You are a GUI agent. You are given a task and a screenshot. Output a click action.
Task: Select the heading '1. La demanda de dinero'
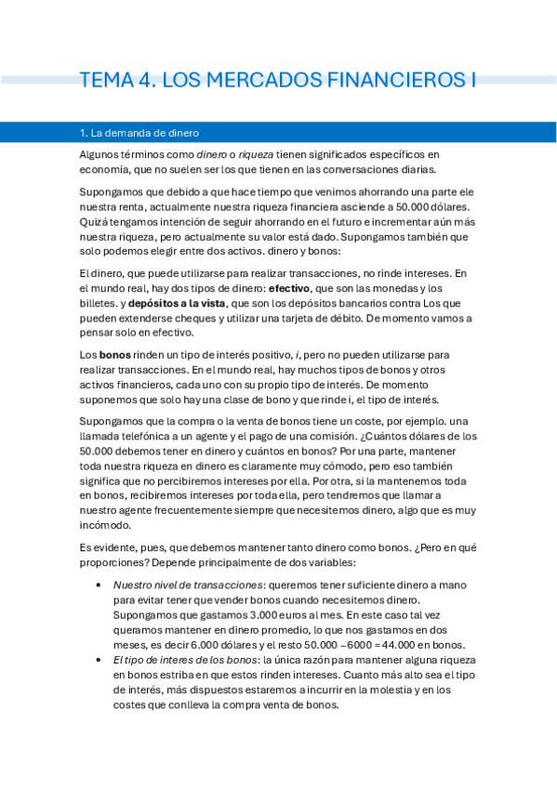[139, 133]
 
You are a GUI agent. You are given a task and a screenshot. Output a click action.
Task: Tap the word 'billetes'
[99, 304]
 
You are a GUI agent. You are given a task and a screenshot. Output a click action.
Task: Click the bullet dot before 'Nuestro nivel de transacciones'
[99, 585]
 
